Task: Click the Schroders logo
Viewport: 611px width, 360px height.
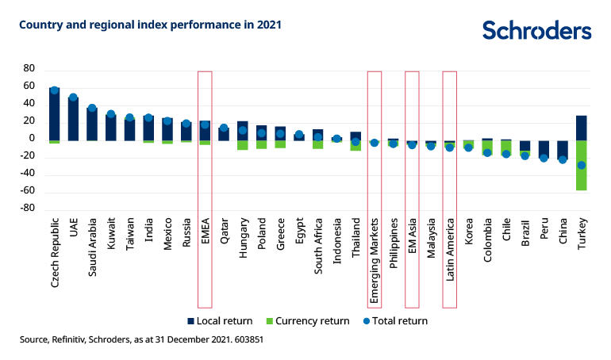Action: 536,30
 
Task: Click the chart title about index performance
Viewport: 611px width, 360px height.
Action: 150,25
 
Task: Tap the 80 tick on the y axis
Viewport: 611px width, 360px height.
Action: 29,69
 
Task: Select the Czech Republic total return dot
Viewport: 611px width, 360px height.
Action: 55,90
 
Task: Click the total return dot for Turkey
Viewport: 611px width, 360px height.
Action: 582,165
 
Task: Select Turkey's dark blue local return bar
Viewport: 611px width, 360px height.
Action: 582,128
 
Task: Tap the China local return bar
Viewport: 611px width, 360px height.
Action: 563,149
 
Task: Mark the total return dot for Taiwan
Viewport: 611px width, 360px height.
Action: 130,118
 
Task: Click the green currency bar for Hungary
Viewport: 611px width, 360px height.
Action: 243,145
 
